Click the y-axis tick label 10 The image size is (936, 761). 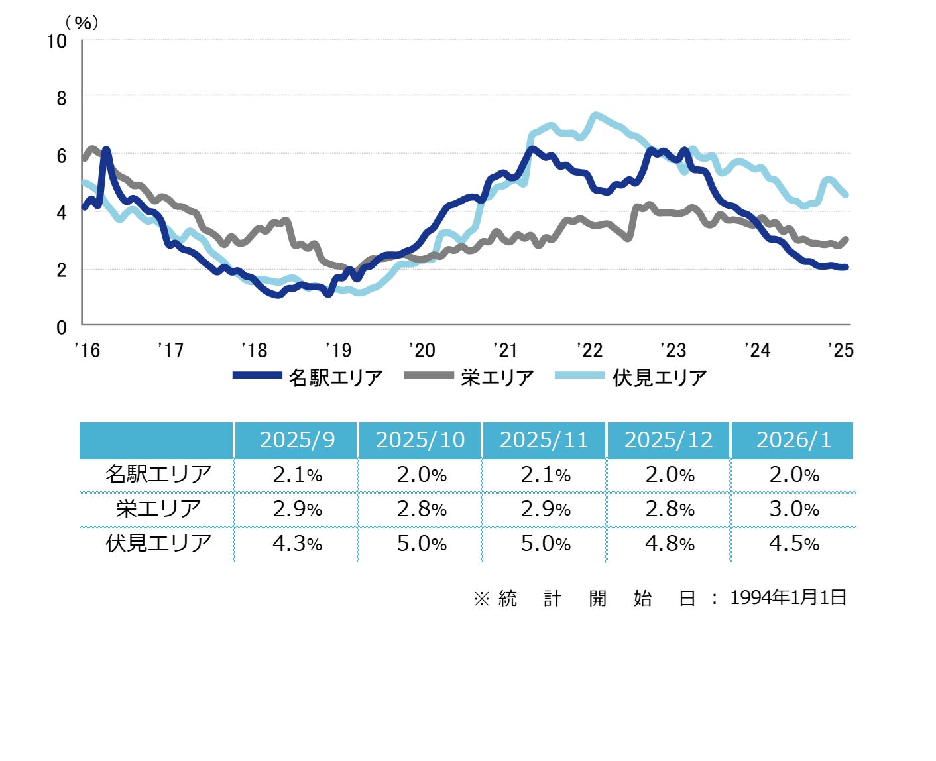pyautogui.click(x=57, y=42)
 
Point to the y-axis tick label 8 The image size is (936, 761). pyautogui.click(x=62, y=99)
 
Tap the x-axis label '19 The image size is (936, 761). pyautogui.click(x=338, y=350)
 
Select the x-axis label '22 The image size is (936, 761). pyautogui.click(x=589, y=350)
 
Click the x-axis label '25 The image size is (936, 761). pyautogui.click(x=841, y=350)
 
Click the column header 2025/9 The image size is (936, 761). pyautogui.click(x=297, y=440)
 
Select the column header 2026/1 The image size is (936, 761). pyautogui.click(x=793, y=440)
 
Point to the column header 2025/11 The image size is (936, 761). pyautogui.click(x=544, y=440)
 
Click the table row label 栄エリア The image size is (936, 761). pyautogui.click(x=158, y=509)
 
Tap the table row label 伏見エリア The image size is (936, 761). pyautogui.click(x=158, y=544)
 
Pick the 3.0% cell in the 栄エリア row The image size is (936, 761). pyautogui.click(x=793, y=509)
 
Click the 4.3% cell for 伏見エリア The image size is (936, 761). pyautogui.click(x=297, y=544)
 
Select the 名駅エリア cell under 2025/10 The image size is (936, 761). pyautogui.click(x=421, y=475)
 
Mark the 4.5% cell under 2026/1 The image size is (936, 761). pyautogui.click(x=793, y=544)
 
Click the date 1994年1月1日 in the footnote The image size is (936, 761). pyautogui.click(x=788, y=598)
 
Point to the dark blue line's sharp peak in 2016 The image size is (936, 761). pyautogui.click(x=105, y=150)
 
